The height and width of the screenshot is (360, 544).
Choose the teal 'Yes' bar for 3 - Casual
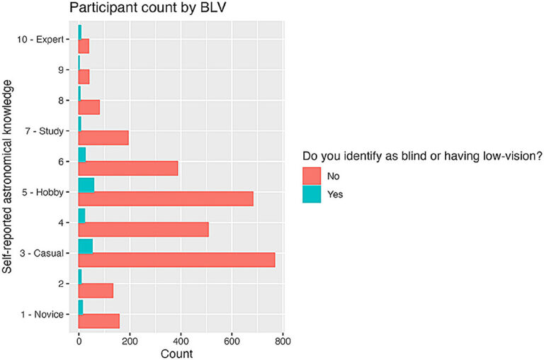[86, 246]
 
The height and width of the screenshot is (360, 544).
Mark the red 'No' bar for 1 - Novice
[98, 321]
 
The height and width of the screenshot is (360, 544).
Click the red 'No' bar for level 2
[96, 291]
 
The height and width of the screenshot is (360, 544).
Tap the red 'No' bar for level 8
[89, 107]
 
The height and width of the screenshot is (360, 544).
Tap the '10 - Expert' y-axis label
[40, 40]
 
